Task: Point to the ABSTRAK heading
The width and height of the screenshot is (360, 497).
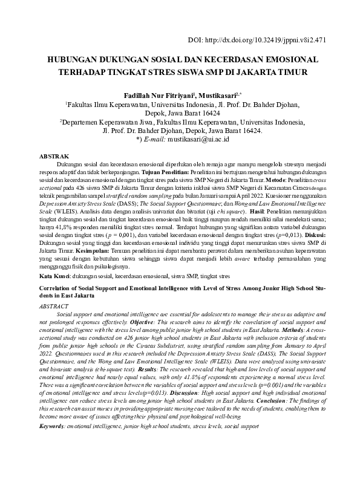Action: coord(54,156)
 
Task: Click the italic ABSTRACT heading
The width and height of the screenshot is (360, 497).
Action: coord(53,307)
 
